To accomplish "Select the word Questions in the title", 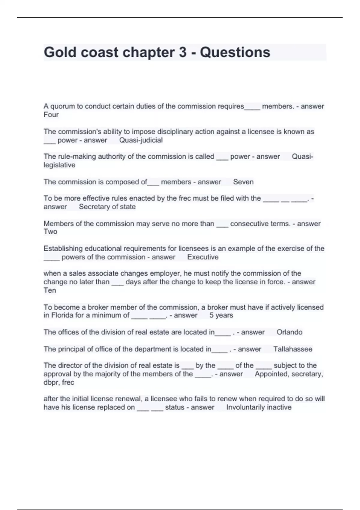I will [x=235, y=52].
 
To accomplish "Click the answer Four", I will [x=51, y=115].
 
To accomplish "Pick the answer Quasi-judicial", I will [x=141, y=140].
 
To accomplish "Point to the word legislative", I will [x=59, y=165].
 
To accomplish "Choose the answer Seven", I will [x=243, y=182].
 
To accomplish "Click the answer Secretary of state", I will [x=107, y=207].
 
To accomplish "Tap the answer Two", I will [x=50, y=232].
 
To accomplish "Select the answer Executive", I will [x=203, y=257].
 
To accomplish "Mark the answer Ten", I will [x=50, y=290].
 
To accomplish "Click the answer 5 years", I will [x=221, y=315].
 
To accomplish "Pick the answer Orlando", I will [x=289, y=332].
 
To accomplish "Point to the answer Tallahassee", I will [x=293, y=349].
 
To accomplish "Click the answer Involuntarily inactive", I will [x=259, y=407].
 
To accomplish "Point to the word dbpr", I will [x=51, y=382].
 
